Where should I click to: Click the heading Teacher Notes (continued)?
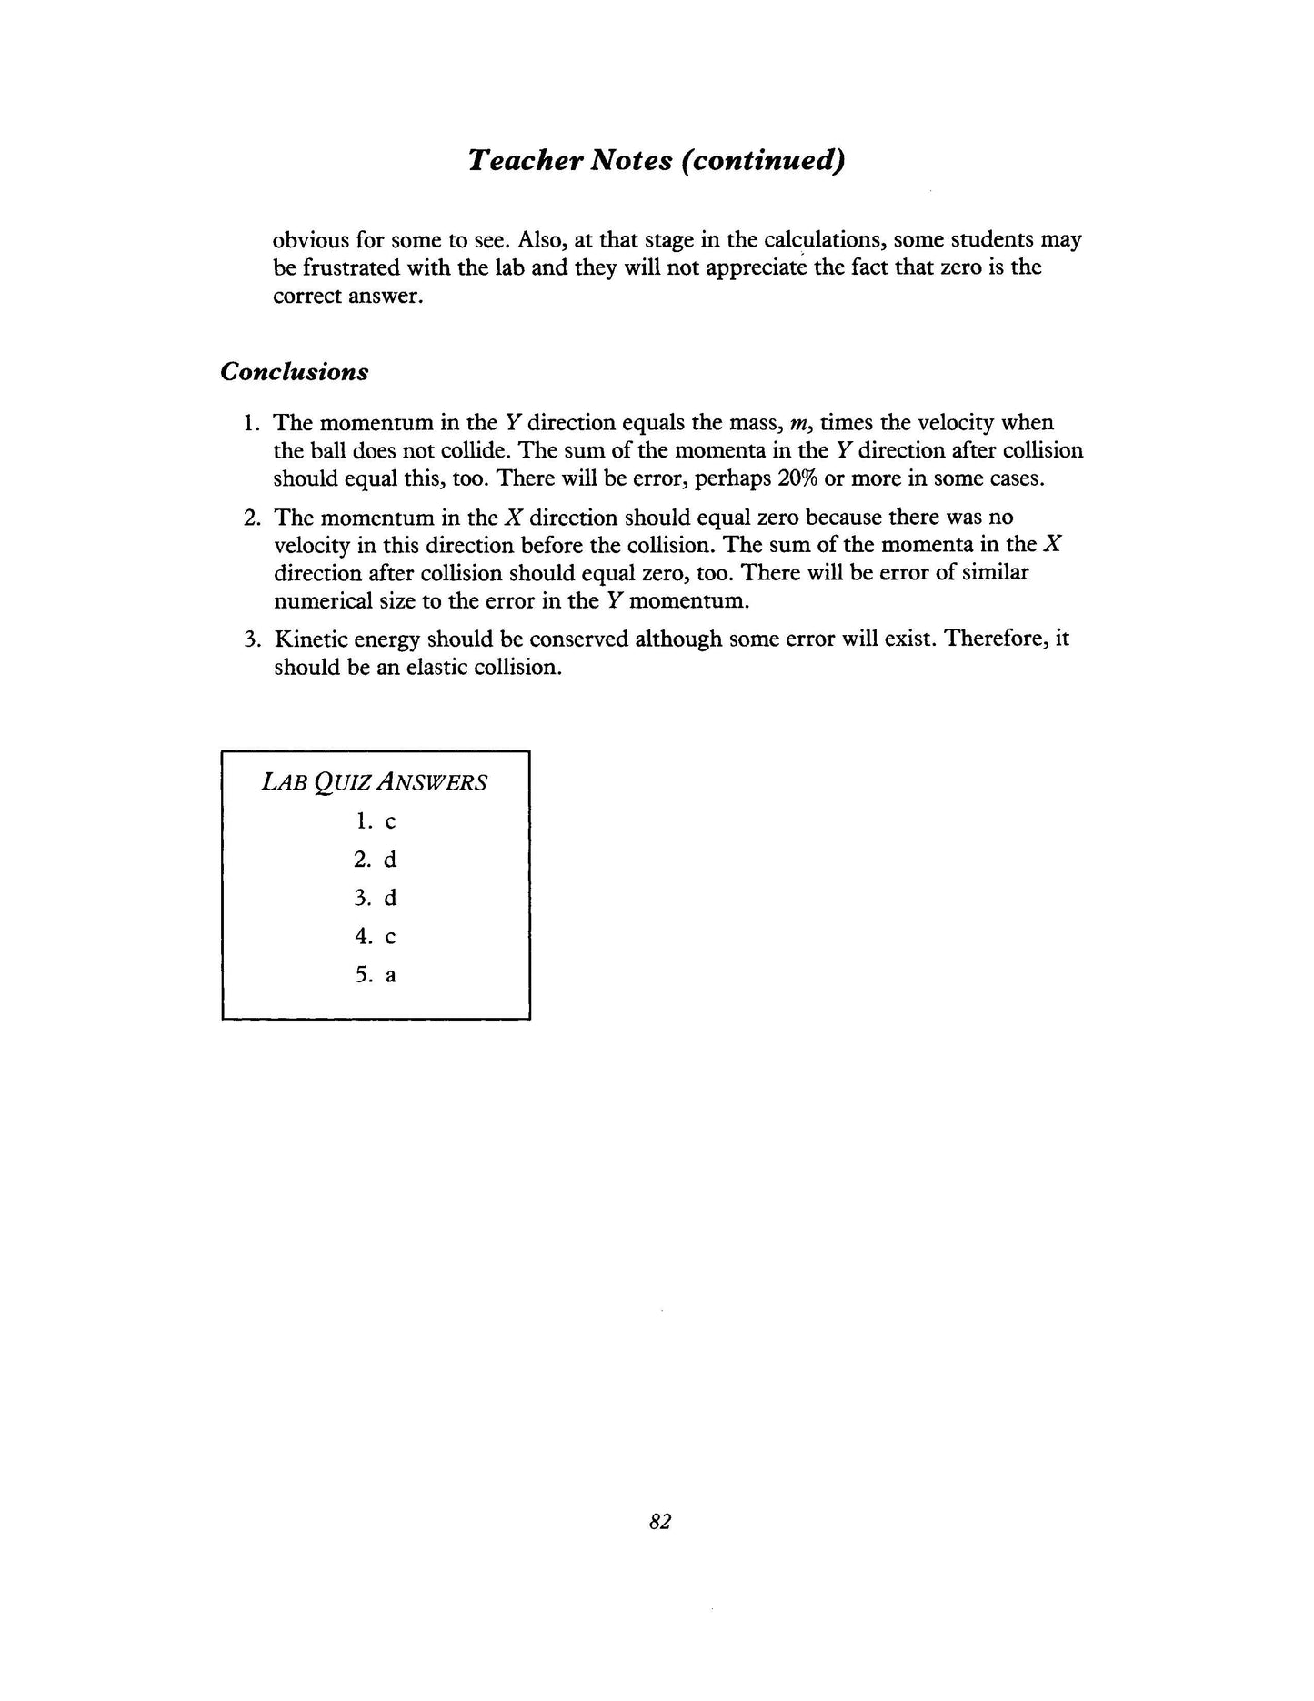[657, 161]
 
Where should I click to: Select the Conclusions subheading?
[295, 372]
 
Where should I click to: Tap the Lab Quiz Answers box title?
[375, 782]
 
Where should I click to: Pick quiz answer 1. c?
[376, 821]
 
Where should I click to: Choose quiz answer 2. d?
[376, 860]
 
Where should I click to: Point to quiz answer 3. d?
[376, 898]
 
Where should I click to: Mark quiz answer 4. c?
[376, 936]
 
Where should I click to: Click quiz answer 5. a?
[376, 975]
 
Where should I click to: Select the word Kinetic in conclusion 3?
[310, 639]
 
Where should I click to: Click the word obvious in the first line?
[310, 240]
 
